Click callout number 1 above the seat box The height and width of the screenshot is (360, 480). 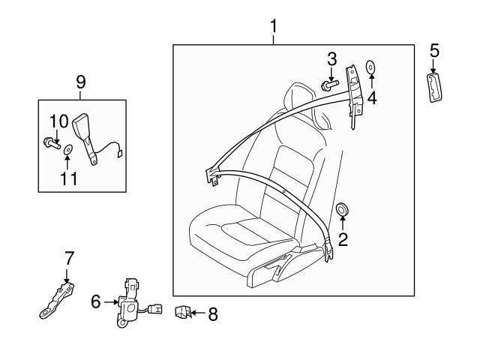pos(274,27)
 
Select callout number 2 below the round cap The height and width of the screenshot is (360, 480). pos(343,240)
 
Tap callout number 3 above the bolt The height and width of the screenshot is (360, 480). pos(331,59)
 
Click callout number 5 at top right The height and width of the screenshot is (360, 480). pos(434,51)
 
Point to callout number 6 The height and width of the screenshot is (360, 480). pos(95,301)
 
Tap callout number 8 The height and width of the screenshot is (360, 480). pos(212,314)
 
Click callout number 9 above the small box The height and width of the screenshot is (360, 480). pos(81,81)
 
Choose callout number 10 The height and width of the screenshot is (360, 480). pos(58,120)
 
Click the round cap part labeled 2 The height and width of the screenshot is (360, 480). pos(343,209)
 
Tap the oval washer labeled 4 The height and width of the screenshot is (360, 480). pos(371,67)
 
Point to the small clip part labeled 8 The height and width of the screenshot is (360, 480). pos(182,313)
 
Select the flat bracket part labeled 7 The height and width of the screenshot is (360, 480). pos(56,297)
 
